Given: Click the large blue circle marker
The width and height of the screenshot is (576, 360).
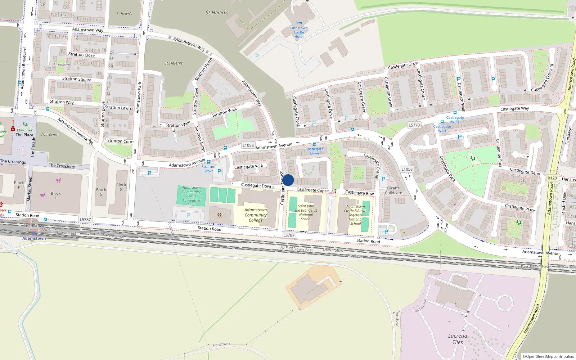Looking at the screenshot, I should (x=288, y=180).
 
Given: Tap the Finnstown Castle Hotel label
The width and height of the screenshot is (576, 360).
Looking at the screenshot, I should (x=299, y=32).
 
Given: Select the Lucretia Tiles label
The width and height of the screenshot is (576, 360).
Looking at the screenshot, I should (x=458, y=339).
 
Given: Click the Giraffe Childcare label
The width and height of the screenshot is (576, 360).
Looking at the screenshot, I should (x=393, y=190).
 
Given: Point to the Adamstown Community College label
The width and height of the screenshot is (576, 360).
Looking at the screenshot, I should (x=256, y=215).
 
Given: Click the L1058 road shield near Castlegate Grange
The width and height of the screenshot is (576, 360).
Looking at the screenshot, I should (x=407, y=169).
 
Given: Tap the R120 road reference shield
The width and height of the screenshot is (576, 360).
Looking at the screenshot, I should (x=552, y=178).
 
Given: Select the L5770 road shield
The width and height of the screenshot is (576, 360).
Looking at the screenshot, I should (x=414, y=125).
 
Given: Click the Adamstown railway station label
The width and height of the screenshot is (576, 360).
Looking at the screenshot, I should (x=34, y=238).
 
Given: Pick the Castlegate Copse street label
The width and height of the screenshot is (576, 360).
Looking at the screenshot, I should (x=312, y=190).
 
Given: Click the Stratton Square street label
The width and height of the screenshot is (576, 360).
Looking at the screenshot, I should (x=77, y=79).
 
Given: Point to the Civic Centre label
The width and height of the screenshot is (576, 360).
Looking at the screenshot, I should (x=50, y=135).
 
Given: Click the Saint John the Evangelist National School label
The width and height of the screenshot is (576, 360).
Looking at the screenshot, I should (x=306, y=212).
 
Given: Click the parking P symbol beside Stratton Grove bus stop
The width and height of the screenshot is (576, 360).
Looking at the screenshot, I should (x=219, y=171).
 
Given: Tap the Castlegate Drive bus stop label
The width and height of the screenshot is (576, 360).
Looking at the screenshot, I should (x=315, y=151).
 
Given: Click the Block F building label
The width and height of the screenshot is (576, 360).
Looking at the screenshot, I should (x=55, y=195).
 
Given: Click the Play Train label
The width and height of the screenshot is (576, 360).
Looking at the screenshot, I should (x=25, y=130).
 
